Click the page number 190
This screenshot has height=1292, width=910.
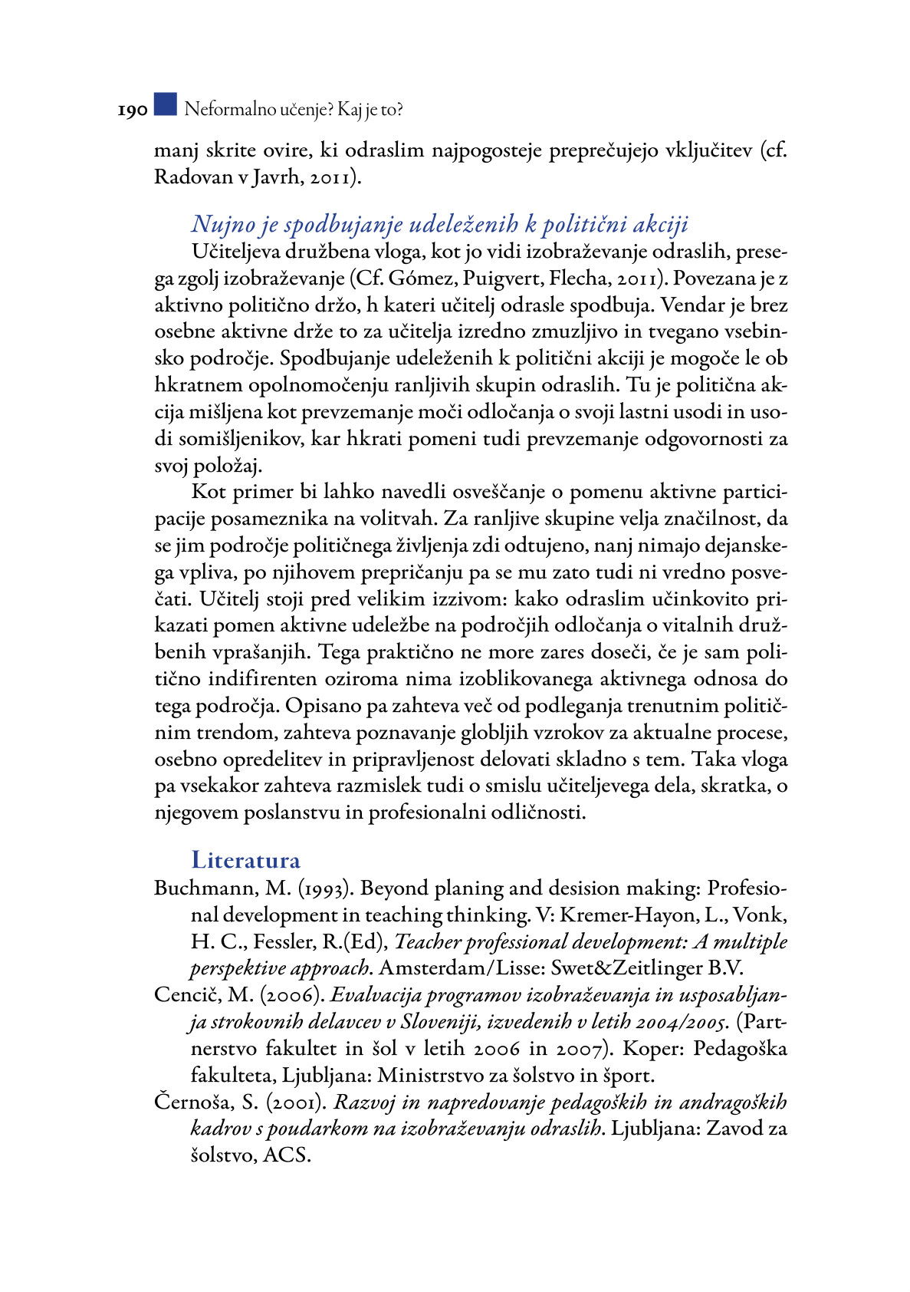132,111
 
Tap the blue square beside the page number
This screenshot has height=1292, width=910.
165,104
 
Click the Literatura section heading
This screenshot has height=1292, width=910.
245,860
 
